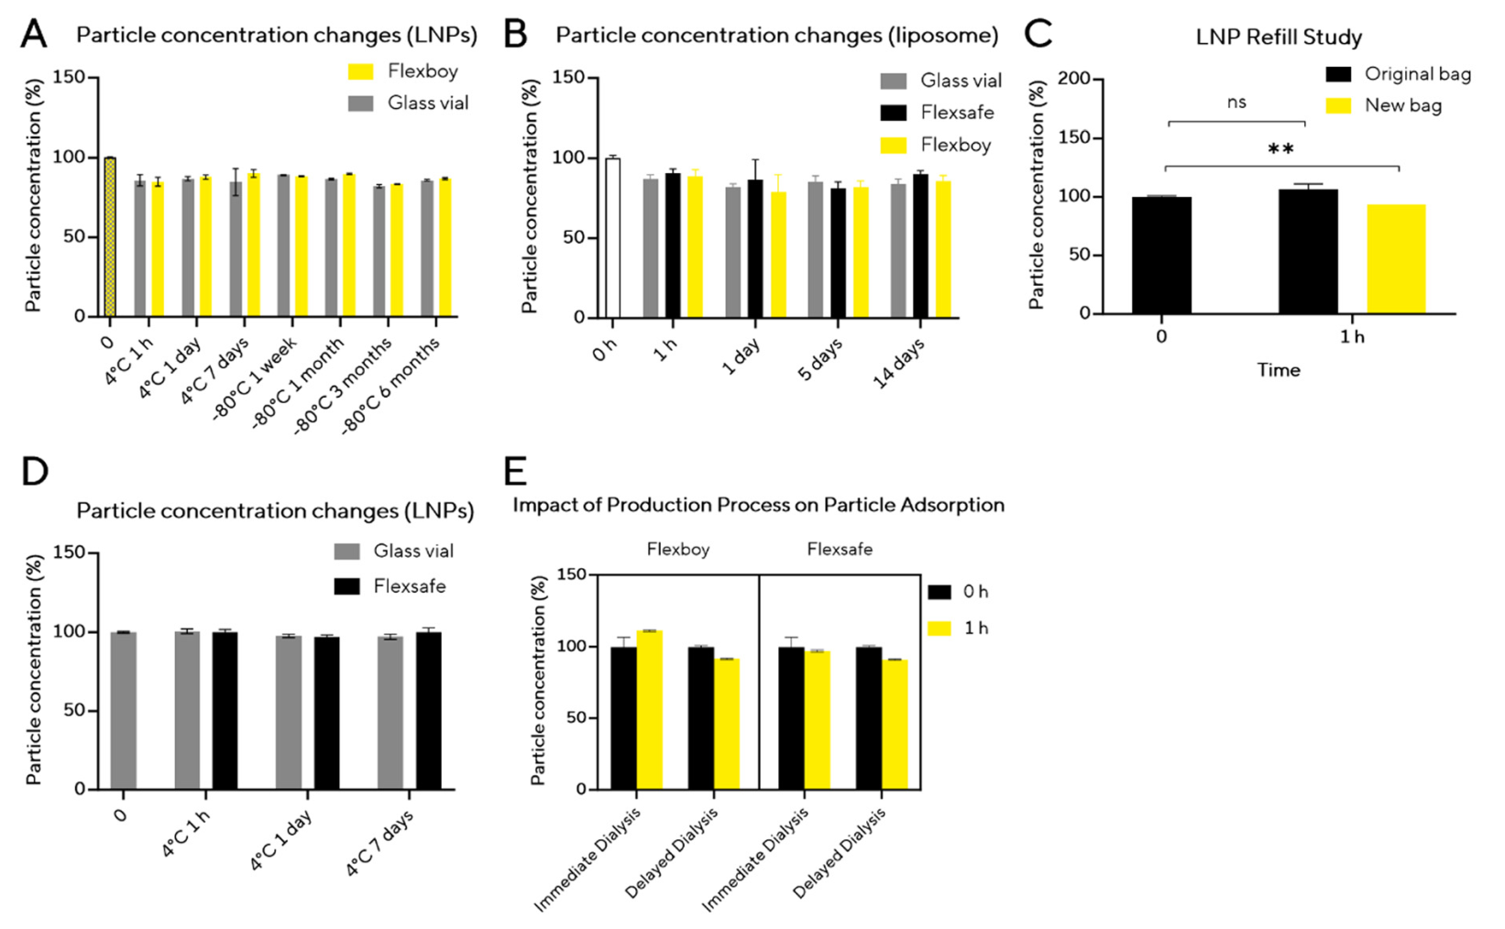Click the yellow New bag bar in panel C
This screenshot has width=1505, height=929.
pos(1396,259)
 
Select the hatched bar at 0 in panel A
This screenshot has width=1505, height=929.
pos(110,237)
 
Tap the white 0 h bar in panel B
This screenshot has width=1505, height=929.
pos(612,238)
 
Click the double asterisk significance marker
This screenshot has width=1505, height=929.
pos(1280,149)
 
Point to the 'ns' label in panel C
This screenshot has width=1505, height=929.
pos(1236,103)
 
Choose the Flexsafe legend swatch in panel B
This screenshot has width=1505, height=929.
pos(894,113)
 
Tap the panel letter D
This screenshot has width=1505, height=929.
pos(35,473)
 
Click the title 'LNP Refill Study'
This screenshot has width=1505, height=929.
pos(1279,38)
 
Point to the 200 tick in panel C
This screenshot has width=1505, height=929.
pos(1075,80)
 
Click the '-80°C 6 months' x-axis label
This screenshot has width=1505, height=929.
pos(391,386)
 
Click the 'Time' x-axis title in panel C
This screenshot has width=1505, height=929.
pos(1278,370)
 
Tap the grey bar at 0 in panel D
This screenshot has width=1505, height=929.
pos(123,711)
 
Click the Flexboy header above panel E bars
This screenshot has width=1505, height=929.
pos(678,550)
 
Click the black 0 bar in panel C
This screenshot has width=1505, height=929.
pos(1161,256)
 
